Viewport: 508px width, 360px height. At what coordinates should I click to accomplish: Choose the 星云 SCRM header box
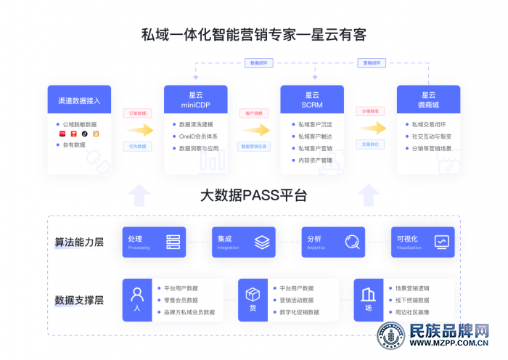[312, 100]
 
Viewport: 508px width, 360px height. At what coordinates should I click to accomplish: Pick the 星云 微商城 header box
[428, 100]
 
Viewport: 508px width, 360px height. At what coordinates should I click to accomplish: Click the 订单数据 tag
[137, 114]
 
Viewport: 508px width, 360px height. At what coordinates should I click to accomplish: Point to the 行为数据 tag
[137, 147]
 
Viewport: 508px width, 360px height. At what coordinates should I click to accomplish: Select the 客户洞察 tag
[254, 114]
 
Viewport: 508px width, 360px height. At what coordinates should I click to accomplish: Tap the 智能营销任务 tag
[254, 147]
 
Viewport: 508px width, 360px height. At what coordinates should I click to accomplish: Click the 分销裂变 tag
[370, 111]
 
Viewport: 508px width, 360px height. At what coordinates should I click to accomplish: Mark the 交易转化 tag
[370, 144]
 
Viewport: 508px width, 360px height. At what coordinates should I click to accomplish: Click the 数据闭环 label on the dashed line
[258, 63]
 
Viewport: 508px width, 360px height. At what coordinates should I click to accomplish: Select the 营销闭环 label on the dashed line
[372, 63]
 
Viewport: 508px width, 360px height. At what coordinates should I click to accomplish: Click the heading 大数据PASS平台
[253, 196]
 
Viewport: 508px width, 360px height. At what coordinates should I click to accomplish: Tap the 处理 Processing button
[154, 242]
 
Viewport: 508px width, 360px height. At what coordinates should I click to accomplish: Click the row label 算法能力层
[79, 242]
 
